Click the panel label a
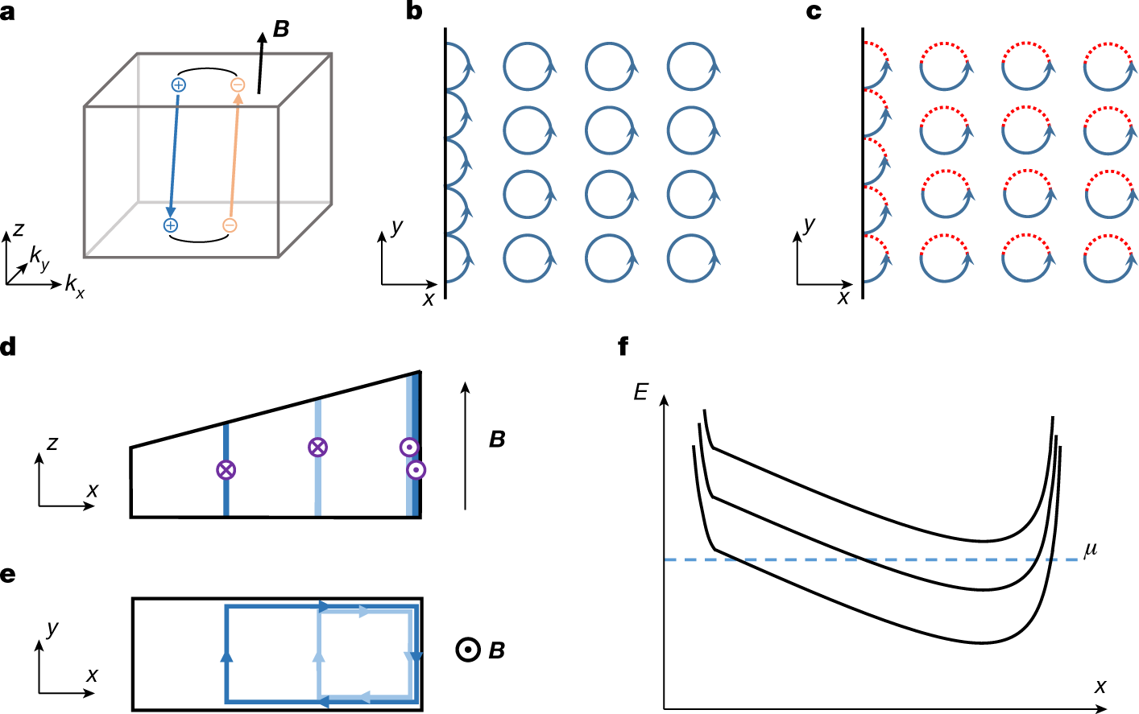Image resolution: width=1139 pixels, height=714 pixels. [7, 12]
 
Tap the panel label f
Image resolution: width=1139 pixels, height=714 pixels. [623, 347]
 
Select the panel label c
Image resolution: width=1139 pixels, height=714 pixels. [814, 12]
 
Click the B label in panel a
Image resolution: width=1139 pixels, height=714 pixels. [281, 29]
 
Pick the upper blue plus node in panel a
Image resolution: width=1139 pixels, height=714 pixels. [179, 85]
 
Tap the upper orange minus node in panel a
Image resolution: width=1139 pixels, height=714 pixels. [238, 85]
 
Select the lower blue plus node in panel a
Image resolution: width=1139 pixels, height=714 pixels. [170, 225]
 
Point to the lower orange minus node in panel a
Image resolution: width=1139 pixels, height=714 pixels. [230, 225]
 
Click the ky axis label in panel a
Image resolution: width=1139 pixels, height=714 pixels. [39, 258]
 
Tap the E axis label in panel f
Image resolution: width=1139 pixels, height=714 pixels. [640, 392]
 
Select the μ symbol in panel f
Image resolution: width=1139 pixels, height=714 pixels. [1090, 551]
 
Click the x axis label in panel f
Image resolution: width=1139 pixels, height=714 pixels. [1100, 687]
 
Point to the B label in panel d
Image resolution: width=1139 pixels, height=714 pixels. [497, 440]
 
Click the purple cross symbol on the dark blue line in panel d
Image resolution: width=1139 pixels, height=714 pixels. [226, 470]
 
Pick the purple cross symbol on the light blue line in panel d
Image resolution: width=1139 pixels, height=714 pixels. [318, 448]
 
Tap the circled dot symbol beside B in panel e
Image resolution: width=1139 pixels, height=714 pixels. [468, 650]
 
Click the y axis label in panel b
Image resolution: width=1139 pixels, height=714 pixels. [397, 227]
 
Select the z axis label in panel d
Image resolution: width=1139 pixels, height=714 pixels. [52, 444]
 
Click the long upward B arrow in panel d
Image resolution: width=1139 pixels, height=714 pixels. [465, 446]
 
